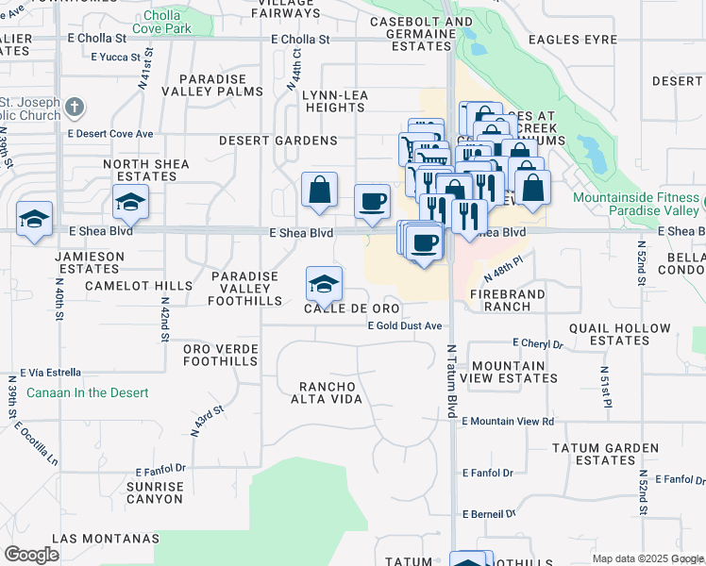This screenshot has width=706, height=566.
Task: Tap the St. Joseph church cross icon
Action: click(76, 107)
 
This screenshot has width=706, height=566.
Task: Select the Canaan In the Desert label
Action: click(87, 392)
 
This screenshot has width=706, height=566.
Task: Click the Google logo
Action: click(31, 554)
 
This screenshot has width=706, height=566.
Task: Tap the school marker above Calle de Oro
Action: click(324, 284)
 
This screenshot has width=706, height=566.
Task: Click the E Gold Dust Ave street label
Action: click(405, 326)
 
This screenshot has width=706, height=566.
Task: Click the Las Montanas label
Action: click(106, 538)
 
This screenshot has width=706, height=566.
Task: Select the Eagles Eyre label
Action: click(565, 40)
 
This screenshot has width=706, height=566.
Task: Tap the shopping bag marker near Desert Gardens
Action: click(320, 189)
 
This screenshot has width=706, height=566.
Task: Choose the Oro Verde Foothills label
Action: click(221, 355)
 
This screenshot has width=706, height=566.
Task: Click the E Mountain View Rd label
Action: click(508, 421)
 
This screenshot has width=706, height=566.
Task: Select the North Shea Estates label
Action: click(146, 170)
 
